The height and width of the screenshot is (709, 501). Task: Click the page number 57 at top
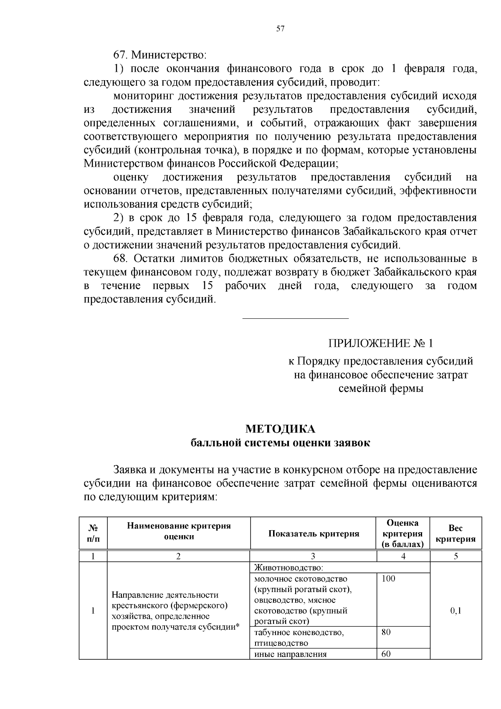[280, 28]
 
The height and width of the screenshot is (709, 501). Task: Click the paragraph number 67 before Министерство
[119, 55]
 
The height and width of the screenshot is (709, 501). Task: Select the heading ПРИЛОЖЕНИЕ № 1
[381, 343]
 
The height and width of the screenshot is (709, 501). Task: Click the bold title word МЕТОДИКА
[280, 429]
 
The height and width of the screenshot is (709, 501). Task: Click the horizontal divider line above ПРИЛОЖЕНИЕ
[296, 319]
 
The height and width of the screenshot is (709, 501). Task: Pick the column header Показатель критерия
[314, 534]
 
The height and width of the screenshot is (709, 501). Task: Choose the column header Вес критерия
[455, 534]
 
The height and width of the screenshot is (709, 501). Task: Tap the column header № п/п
[93, 534]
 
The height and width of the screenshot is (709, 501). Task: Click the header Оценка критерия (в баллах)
[403, 534]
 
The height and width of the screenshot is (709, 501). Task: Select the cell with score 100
[388, 579]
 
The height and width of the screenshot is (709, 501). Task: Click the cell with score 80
[386, 632]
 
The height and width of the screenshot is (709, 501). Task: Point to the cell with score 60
[386, 654]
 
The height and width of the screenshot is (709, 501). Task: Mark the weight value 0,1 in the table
[455, 611]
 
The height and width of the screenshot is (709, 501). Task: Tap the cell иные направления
[290, 654]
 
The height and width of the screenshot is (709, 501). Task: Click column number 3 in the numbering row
[313, 556]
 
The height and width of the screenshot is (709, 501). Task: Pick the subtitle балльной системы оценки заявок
[280, 443]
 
